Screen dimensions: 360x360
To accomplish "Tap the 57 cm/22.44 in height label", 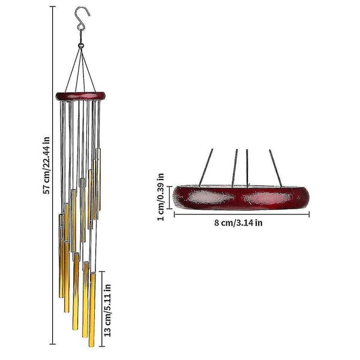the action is [46, 166].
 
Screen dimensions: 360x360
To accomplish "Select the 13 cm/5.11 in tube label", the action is [107, 310].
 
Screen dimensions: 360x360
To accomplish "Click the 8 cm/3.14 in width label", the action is [238, 223].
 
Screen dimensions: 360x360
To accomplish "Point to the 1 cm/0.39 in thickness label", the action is [161, 197].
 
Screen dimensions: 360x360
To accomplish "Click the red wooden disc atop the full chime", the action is [80, 96].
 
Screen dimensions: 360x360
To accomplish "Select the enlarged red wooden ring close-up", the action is [241, 197].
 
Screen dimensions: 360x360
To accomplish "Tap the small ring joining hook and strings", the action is [80, 46].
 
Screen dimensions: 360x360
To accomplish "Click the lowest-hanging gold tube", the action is [92, 310].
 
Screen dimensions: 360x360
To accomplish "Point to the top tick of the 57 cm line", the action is [53, 7].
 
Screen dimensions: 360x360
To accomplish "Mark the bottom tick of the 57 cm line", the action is [53, 344].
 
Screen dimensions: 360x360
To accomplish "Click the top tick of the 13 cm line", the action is [102, 272].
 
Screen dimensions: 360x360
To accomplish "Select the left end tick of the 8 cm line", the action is [175, 214].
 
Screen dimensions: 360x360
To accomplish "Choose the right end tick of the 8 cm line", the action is [309, 214].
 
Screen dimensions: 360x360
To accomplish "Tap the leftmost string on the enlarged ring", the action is [206, 167].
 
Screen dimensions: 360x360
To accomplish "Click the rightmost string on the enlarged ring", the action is [275, 168].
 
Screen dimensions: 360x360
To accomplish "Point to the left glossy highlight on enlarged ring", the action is [209, 197].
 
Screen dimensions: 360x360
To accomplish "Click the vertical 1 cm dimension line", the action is [170, 197].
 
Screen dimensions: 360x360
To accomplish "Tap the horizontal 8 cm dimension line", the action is [242, 214].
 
